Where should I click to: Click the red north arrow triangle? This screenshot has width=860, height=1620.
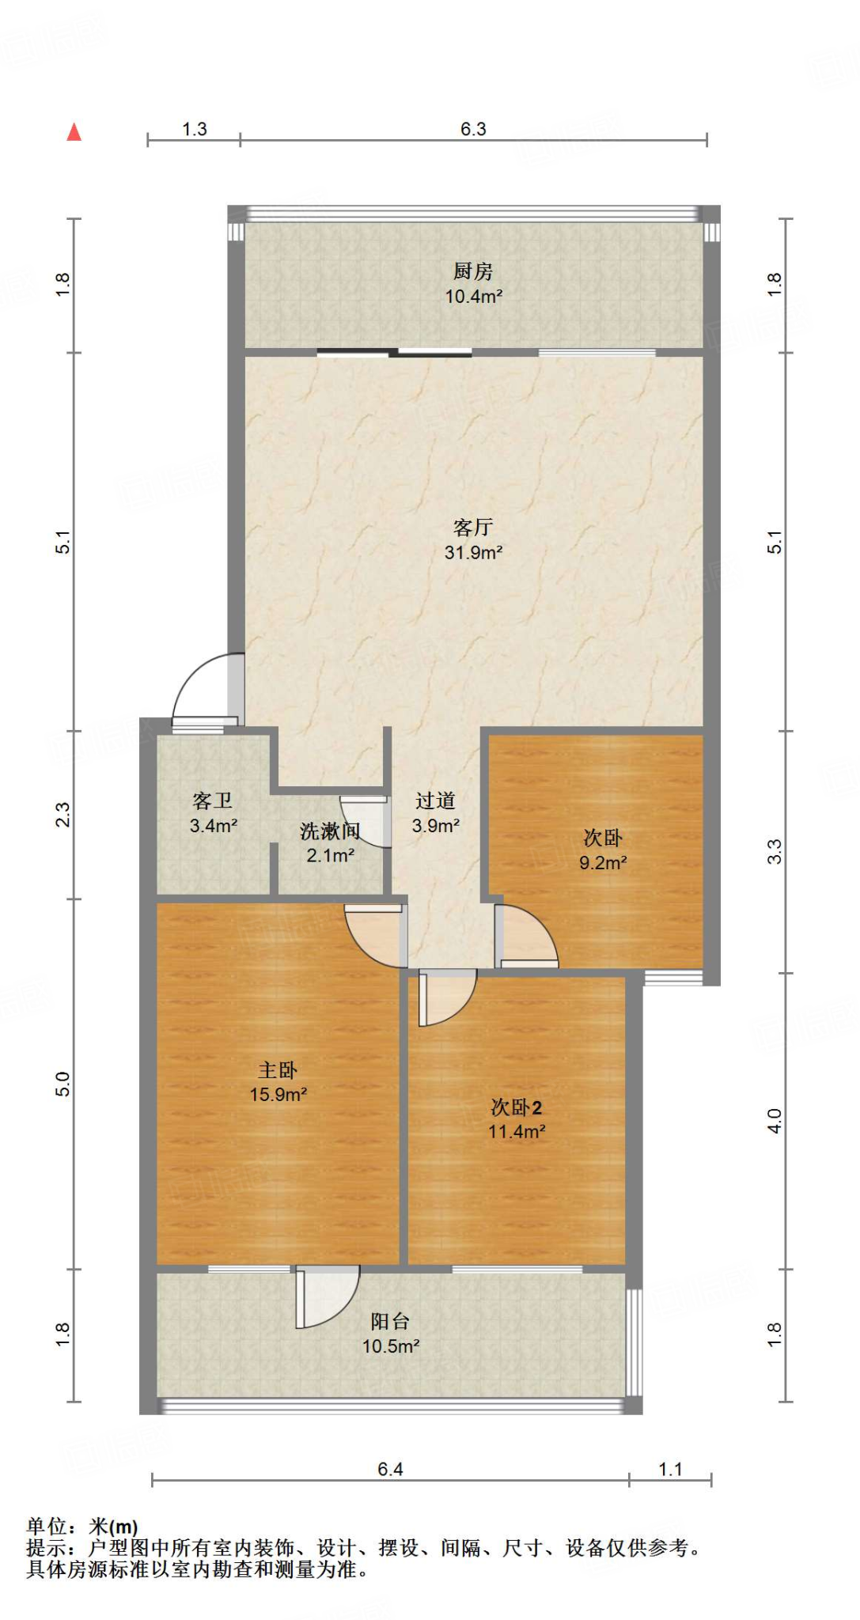point(74,132)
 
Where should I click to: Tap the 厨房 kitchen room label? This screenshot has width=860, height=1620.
point(473,271)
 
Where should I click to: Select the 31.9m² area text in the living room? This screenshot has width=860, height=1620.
point(473,552)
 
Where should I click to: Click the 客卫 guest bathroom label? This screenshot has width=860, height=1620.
point(213,801)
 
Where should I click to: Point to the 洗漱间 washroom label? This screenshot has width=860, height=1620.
point(330,831)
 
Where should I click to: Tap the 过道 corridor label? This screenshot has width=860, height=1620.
point(435,801)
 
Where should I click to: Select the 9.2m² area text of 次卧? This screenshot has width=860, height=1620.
point(603,863)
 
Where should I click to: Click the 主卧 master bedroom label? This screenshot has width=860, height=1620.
point(278,1070)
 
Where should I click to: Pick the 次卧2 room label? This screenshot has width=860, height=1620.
point(516,1107)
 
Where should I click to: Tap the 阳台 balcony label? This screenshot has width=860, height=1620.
point(390,1321)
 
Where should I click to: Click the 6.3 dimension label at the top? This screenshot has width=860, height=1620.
point(473,129)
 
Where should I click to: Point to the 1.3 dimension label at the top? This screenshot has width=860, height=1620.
point(194,129)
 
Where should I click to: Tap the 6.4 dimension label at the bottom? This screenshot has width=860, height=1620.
point(390,1469)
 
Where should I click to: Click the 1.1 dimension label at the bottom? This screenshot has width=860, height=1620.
point(670,1469)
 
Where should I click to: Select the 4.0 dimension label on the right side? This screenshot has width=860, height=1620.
point(775,1121)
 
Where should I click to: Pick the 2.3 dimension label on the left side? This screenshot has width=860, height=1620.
point(63,815)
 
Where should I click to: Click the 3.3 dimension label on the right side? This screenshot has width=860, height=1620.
point(775,851)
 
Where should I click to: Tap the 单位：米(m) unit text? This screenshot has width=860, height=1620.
point(82,1527)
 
